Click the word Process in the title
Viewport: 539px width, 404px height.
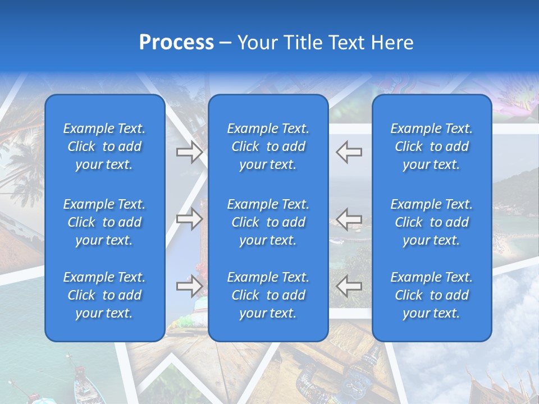point(176,43)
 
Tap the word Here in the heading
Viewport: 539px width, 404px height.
point(392,43)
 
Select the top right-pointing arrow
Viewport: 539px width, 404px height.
point(189,152)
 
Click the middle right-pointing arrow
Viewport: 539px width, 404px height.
point(189,219)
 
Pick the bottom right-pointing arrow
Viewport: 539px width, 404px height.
point(189,286)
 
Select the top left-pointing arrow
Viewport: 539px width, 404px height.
point(349,152)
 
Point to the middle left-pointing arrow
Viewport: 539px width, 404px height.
point(349,219)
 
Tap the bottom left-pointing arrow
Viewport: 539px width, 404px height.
point(349,286)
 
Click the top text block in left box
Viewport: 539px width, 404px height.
point(104,146)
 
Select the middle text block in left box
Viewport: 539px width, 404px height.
point(104,222)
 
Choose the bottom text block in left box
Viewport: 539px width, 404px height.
point(104,295)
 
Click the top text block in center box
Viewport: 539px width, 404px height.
point(268,146)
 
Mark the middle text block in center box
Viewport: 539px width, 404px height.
point(268,222)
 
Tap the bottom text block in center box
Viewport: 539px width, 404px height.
point(268,295)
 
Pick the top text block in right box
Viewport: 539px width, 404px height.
point(432,146)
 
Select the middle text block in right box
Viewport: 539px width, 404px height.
point(432,222)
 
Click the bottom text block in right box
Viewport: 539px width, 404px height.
point(432,295)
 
